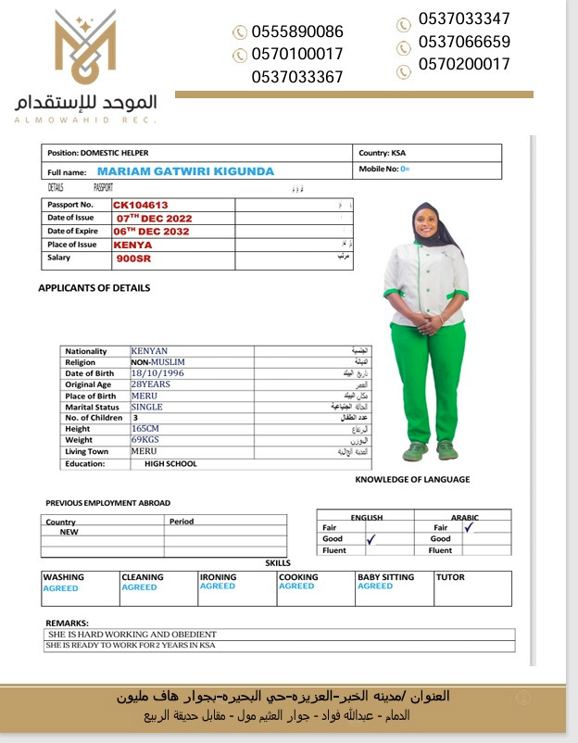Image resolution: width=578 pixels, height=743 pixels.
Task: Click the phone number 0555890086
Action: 296,31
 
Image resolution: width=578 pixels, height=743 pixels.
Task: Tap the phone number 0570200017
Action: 463,65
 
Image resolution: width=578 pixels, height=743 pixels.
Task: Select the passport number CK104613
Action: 141,206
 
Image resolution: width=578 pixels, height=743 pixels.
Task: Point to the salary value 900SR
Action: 133,258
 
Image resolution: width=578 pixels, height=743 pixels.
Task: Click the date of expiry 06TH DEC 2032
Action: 150,232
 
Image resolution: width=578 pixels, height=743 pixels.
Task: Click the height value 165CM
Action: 145,429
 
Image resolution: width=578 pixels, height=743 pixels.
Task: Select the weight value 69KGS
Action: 145,440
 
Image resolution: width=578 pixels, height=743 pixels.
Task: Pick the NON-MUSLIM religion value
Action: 158,362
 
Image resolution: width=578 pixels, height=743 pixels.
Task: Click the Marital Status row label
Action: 92,407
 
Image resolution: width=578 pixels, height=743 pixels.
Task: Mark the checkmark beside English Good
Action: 371,538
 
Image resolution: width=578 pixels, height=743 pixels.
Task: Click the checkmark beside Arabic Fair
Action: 469,526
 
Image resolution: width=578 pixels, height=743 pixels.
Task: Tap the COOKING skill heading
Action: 298,577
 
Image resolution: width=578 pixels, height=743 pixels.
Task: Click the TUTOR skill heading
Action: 450,577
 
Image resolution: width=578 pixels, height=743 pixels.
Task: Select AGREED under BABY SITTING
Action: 375,586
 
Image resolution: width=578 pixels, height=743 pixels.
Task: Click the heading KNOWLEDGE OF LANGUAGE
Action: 412,480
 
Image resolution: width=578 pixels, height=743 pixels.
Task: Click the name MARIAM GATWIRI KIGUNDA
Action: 185,171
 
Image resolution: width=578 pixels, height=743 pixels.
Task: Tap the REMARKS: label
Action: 66,623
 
